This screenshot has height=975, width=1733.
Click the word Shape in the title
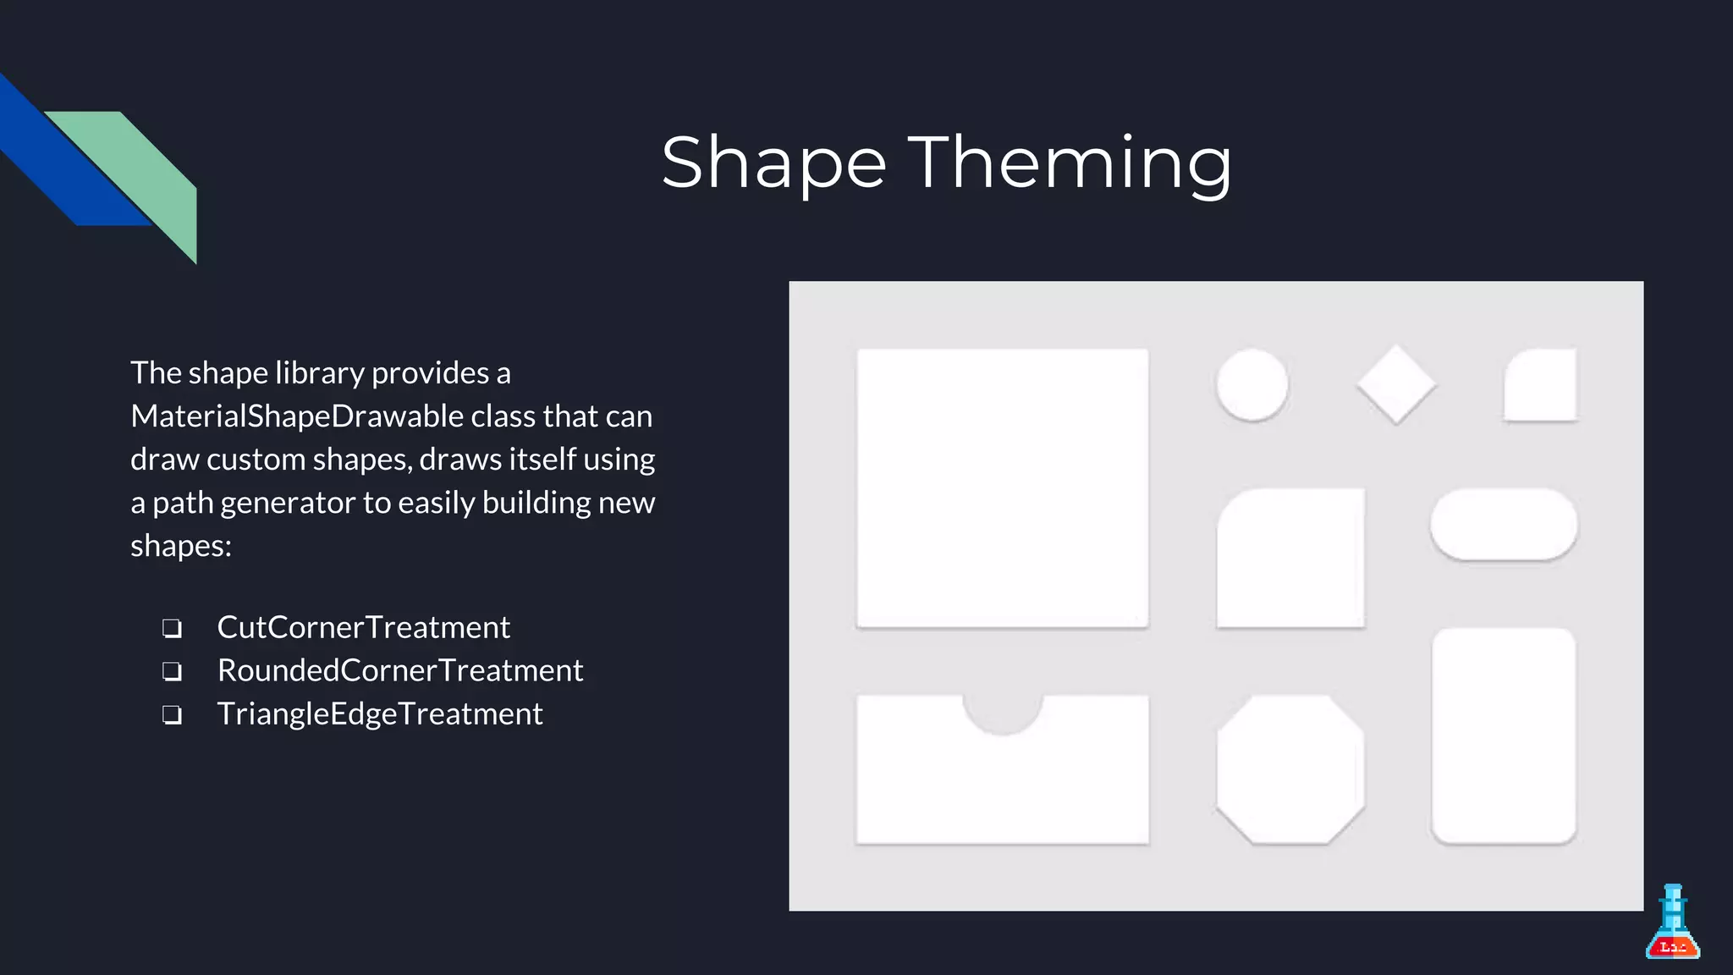point(773,162)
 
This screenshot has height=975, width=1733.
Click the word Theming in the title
point(1070,162)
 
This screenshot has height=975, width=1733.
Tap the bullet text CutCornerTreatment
point(363,627)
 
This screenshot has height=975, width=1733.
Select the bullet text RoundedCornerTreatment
point(399,670)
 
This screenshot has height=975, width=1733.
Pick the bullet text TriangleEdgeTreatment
point(379,713)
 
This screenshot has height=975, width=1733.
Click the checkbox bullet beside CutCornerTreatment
point(172,628)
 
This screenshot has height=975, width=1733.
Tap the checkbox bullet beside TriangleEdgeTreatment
point(172,715)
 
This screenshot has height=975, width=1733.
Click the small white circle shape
point(1252,384)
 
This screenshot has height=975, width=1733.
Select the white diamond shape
point(1396,384)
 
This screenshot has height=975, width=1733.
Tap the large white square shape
point(1002,487)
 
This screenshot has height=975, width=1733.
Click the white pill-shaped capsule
point(1504,524)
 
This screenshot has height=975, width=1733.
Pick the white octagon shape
point(1290,769)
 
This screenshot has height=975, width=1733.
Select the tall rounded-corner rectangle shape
point(1504,735)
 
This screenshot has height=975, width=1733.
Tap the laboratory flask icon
point(1672,924)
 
